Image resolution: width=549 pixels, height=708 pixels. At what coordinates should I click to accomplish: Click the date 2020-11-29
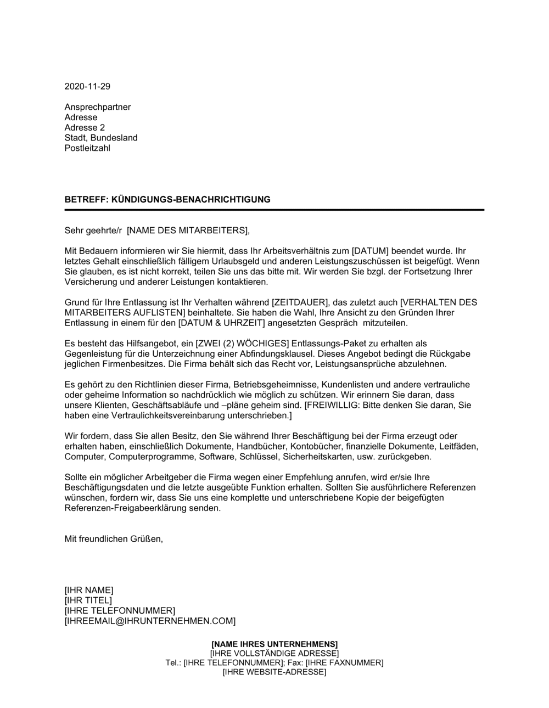[x=87, y=86]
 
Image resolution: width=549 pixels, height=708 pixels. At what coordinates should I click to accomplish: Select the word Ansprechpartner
[x=98, y=107]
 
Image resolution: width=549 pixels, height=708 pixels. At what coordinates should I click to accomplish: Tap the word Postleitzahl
[x=87, y=148]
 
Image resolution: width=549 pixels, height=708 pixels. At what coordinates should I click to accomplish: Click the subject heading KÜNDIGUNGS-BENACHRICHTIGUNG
[x=191, y=200]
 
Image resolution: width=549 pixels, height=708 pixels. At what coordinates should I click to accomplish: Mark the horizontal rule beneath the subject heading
[x=274, y=210]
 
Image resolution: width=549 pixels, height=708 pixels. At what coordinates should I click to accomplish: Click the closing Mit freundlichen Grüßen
[x=114, y=539]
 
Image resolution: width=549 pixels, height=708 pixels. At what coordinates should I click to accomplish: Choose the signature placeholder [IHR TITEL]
[x=88, y=600]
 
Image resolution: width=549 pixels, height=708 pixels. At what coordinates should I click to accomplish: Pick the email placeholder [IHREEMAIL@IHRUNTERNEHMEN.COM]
[x=150, y=621]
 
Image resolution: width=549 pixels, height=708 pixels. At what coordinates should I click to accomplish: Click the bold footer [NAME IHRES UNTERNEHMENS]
[x=274, y=644]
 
